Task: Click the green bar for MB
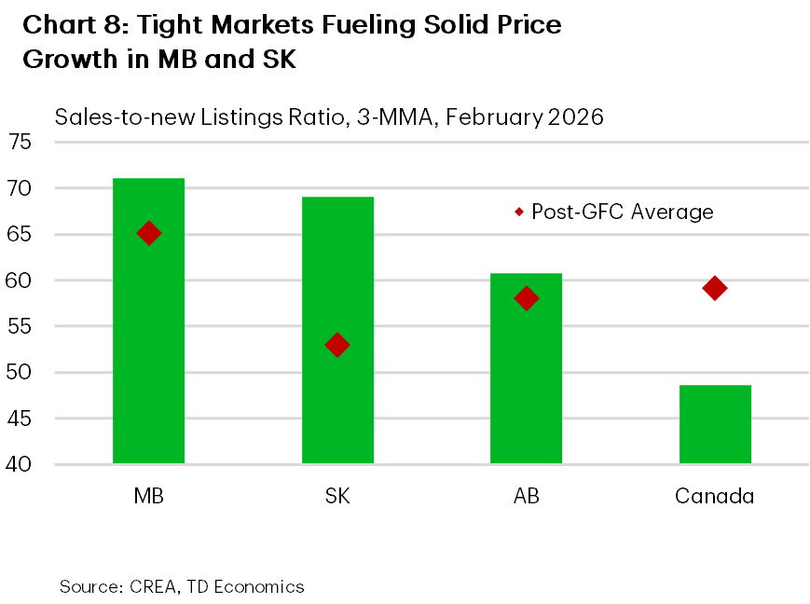click(148, 354)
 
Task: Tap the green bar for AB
click(526, 391)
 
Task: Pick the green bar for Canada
click(715, 424)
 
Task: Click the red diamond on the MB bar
click(149, 234)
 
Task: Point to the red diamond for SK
click(337, 345)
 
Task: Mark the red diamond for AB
click(527, 298)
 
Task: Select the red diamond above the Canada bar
click(715, 288)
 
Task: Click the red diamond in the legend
click(519, 213)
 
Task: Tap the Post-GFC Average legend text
click(622, 213)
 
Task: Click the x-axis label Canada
click(714, 496)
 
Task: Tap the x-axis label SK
click(337, 496)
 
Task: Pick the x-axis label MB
click(148, 496)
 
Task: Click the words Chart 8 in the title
click(68, 24)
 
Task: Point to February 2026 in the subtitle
click(527, 117)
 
